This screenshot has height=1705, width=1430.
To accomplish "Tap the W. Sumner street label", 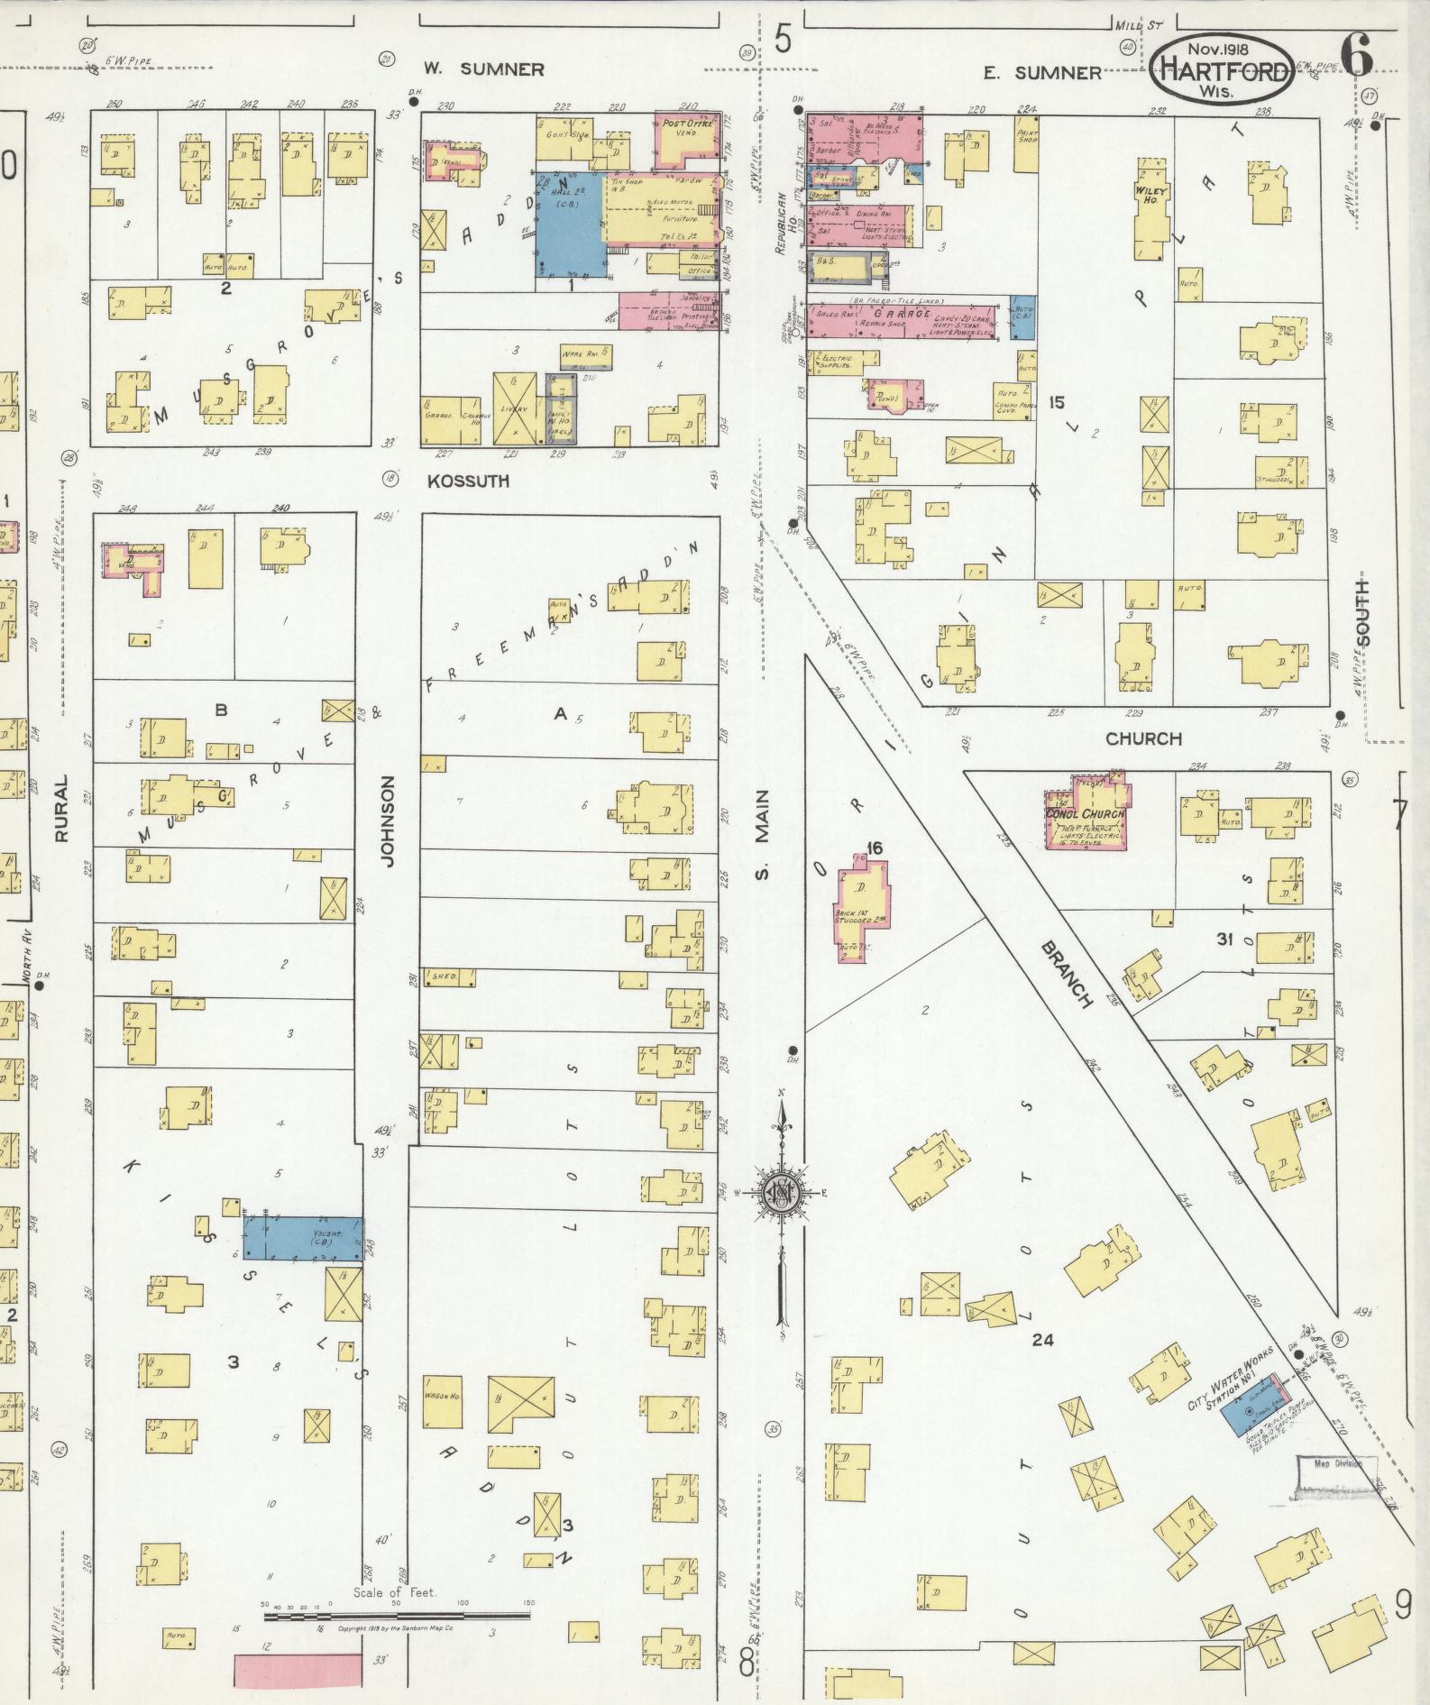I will [484, 69].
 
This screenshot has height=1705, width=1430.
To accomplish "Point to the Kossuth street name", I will [468, 481].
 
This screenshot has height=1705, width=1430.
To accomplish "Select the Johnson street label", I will [389, 821].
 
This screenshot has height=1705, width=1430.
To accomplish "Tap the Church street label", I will [1142, 739].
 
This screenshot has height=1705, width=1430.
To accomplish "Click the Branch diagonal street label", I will [1067, 975].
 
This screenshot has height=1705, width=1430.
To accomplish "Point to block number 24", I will [1042, 1341].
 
